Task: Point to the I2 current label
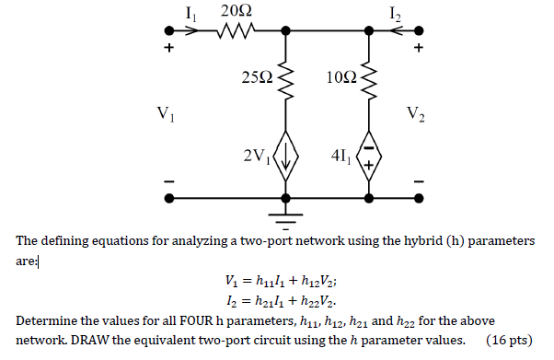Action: point(395,12)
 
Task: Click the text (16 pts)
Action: point(506,340)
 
